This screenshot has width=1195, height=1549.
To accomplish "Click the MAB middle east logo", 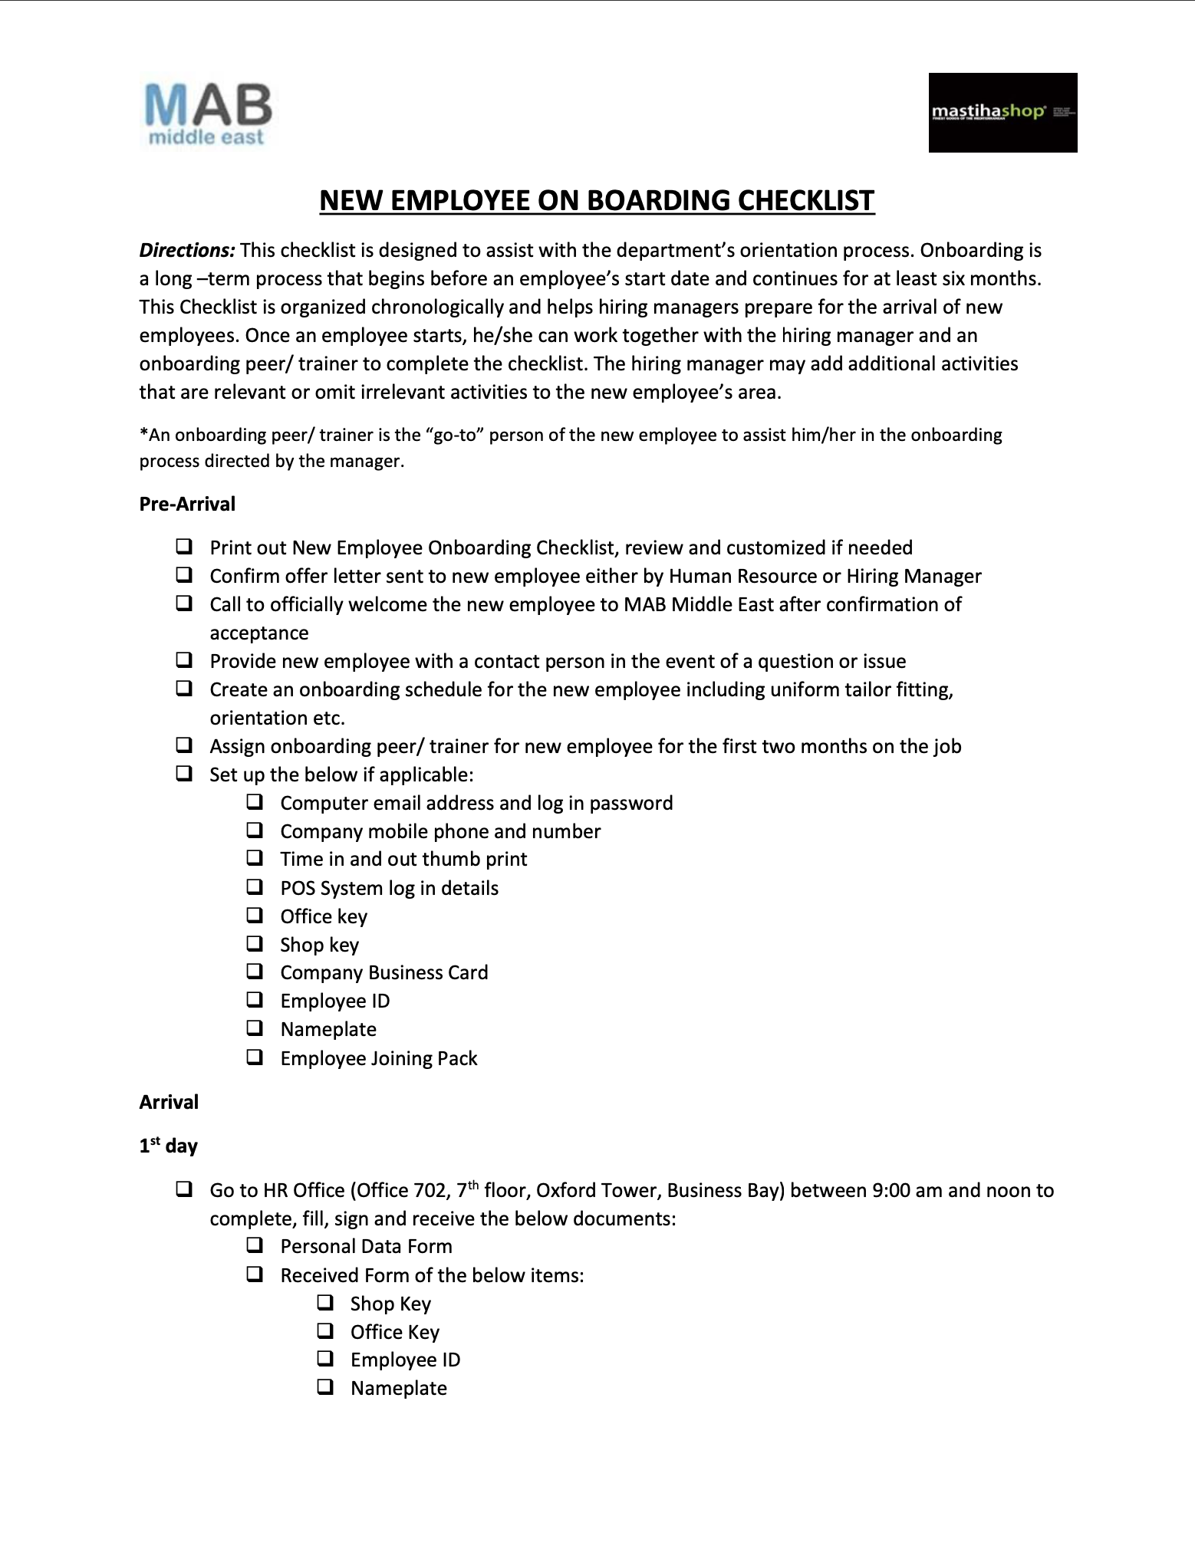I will (207, 113).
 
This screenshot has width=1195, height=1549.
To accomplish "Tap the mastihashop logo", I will (1002, 113).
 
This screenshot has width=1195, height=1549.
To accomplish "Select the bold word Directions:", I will (187, 251).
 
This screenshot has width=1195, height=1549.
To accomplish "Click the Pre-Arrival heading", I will (187, 504).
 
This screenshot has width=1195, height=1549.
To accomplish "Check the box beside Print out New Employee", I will (184, 547).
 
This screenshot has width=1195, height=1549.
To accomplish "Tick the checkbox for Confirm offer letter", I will (184, 575).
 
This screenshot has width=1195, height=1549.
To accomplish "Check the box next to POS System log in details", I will (255, 887).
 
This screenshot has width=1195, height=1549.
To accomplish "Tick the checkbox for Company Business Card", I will (255, 972).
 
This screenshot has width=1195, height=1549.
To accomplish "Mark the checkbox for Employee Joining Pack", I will (255, 1057).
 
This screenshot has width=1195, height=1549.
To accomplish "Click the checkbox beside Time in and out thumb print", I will (255, 858).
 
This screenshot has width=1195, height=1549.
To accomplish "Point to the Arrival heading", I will (169, 1102).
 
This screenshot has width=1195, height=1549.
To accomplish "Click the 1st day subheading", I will (169, 1146).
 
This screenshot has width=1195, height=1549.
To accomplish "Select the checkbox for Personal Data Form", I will (255, 1245).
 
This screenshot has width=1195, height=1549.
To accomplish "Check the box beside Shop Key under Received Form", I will (325, 1303).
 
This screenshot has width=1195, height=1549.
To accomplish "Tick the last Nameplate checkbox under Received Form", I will (325, 1387).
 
